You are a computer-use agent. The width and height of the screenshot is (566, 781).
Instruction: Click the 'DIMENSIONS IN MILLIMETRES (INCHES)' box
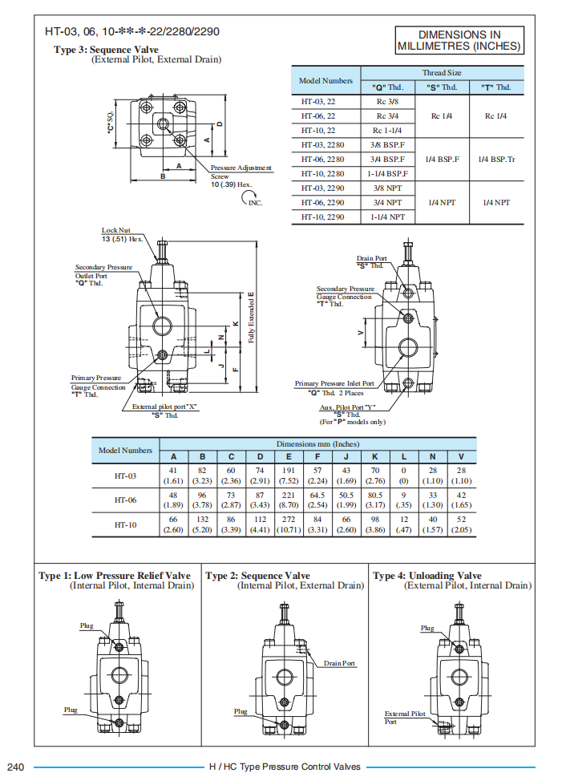click(459, 40)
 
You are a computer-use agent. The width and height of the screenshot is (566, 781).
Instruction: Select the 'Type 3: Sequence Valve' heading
click(106, 50)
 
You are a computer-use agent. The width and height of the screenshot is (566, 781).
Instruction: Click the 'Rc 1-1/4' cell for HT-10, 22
click(388, 130)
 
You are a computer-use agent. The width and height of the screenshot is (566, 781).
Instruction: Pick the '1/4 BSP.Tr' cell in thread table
click(496, 159)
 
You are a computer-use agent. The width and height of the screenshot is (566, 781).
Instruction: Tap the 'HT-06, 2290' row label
click(324, 203)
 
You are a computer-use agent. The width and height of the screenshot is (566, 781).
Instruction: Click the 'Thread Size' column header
click(442, 73)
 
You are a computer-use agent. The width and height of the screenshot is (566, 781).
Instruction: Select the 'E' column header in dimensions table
click(289, 457)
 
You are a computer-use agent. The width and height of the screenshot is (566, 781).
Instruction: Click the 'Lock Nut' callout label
click(116, 231)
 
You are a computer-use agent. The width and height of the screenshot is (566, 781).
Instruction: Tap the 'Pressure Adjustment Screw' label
click(241, 172)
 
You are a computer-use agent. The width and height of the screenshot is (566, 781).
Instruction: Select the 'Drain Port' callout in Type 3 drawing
click(371, 259)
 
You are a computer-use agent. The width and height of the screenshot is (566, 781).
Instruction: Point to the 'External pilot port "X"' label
click(165, 407)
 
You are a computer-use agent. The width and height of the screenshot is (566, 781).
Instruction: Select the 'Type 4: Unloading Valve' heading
click(427, 576)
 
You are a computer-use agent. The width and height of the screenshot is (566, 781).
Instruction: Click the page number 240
click(17, 767)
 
